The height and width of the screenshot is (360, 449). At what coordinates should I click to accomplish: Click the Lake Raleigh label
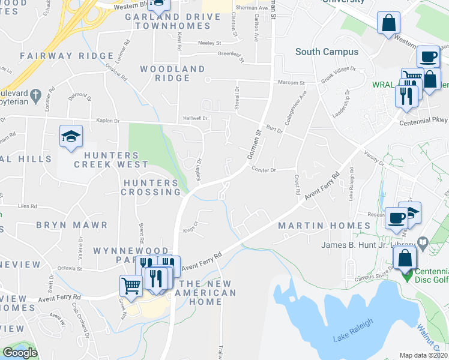pyautogui.click(x=353, y=329)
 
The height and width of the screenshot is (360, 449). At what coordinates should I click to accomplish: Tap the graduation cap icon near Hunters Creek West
pyautogui.click(x=71, y=137)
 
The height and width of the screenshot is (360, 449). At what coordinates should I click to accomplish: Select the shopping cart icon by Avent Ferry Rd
pyautogui.click(x=131, y=285)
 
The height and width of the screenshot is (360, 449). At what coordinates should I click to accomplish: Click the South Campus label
pyautogui.click(x=327, y=52)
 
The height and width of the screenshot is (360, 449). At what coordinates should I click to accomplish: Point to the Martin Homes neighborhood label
pyautogui.click(x=325, y=226)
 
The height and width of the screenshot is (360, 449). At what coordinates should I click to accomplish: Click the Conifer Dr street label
pyautogui.click(x=264, y=170)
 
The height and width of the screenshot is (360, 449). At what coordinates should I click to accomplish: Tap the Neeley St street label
pyautogui.click(x=210, y=43)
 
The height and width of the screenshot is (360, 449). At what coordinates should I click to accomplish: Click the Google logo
pyautogui.click(x=20, y=353)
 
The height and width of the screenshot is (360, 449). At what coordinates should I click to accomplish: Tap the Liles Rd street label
pyautogui.click(x=28, y=206)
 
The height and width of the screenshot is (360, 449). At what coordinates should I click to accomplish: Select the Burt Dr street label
pyautogui.click(x=274, y=129)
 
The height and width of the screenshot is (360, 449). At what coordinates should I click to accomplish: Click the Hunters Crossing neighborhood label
pyautogui.click(x=151, y=187)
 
